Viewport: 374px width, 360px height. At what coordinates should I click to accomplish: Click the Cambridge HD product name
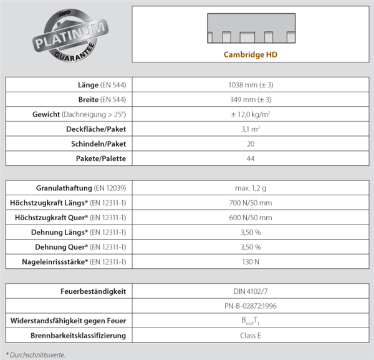[250, 54]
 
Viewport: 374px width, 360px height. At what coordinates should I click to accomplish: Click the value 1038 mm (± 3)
[250, 84]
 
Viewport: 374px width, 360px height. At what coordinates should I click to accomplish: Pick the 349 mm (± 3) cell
[250, 99]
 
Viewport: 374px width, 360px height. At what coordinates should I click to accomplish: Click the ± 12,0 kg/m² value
[250, 114]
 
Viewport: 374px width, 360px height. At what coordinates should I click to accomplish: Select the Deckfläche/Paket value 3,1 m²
[250, 129]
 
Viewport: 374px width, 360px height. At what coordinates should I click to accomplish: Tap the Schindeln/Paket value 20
[250, 144]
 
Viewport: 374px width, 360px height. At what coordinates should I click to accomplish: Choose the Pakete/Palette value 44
[250, 158]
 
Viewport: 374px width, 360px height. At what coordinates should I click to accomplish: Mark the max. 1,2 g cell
[250, 187]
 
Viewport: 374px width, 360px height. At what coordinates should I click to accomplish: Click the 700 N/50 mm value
[250, 202]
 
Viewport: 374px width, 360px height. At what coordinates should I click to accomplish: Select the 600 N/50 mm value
[250, 217]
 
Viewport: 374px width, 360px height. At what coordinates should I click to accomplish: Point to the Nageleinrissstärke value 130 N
[250, 261]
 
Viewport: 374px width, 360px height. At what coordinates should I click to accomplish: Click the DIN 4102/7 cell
[250, 291]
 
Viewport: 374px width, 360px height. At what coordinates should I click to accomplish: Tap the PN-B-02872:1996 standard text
[250, 306]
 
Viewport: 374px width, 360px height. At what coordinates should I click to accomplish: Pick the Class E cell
[250, 336]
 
